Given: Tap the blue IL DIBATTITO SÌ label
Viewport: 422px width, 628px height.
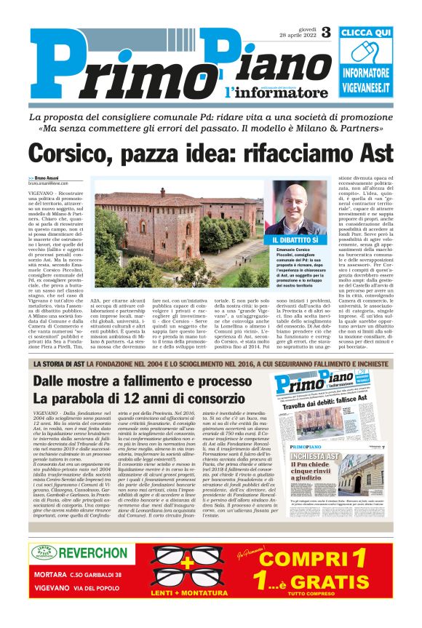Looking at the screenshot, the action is [x=295, y=239].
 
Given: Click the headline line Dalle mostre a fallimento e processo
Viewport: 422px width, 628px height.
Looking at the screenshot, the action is [x=139, y=383].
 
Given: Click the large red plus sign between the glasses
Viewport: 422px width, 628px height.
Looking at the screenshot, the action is [x=188, y=564].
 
